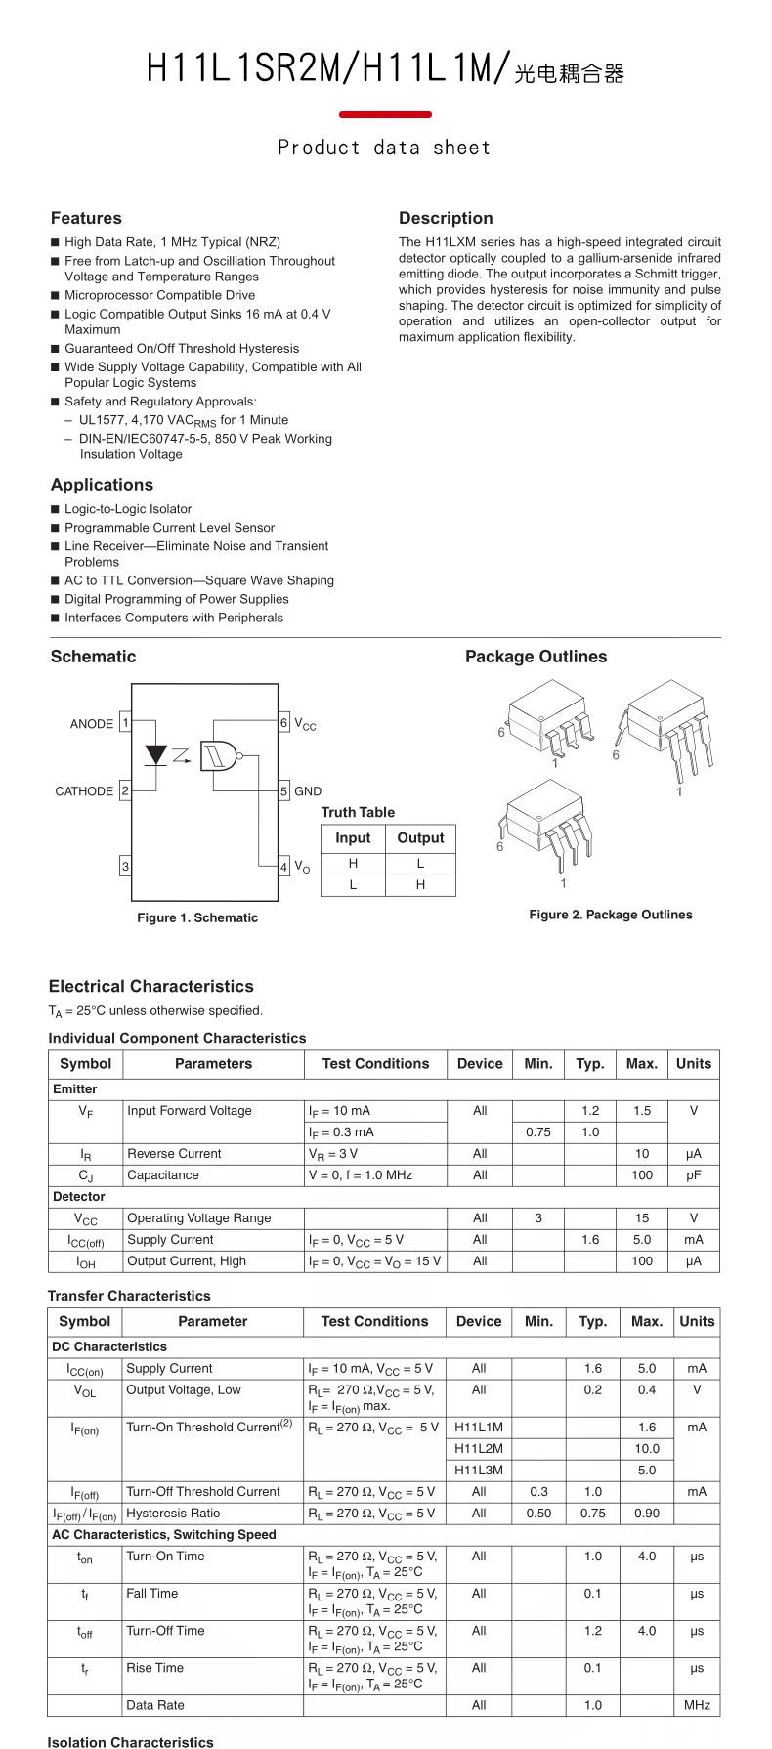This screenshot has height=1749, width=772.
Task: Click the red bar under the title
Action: pyautogui.click(x=385, y=115)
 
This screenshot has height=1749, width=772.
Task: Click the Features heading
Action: pyautogui.click(x=86, y=218)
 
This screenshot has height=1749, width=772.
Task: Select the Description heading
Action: pyautogui.click(x=446, y=218)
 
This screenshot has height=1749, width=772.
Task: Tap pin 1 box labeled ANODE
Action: pyautogui.click(x=125, y=723)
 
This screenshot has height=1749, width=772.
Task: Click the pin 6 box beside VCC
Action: pyautogui.click(x=284, y=723)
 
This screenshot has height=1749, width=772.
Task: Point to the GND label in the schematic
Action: pyautogui.click(x=308, y=791)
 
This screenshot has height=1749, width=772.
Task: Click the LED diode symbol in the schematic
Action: pyautogui.click(x=155, y=755)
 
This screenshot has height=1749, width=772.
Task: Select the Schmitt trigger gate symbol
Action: pyautogui.click(x=219, y=755)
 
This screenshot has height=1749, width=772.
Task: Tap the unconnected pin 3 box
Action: pyautogui.click(x=125, y=867)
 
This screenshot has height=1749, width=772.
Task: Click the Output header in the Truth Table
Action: pyautogui.click(x=420, y=838)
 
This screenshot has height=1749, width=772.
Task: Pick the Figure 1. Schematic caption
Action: pyautogui.click(x=197, y=917)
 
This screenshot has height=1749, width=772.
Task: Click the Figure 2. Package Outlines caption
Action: pyautogui.click(x=611, y=915)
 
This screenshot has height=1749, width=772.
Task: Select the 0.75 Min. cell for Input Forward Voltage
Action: pyautogui.click(x=538, y=1132)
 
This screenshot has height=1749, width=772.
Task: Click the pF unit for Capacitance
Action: pyautogui.click(x=694, y=1175)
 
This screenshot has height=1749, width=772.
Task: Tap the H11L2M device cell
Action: pyautogui.click(x=479, y=1449)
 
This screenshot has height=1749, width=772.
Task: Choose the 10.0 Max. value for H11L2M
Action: pyautogui.click(x=647, y=1449)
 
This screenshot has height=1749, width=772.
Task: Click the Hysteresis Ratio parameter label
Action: pyautogui.click(x=173, y=1514)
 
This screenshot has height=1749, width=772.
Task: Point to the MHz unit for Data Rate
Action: pyautogui.click(x=697, y=1705)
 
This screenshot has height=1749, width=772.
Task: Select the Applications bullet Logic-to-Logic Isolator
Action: pyautogui.click(x=128, y=509)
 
